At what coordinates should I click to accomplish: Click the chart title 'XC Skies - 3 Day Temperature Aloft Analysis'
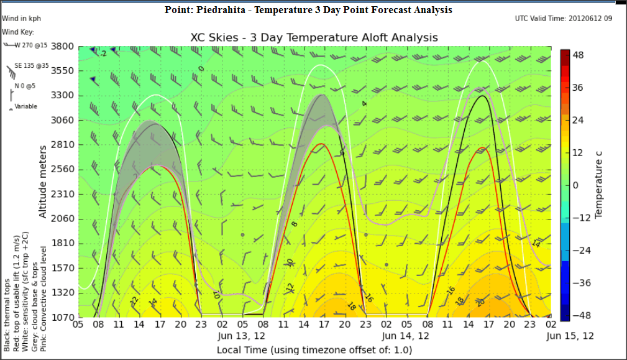(314, 37)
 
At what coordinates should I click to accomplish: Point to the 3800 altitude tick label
(62, 46)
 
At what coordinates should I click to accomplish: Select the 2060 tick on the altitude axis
(62, 218)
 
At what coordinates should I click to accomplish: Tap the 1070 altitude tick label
(62, 316)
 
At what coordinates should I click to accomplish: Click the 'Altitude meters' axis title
(43, 181)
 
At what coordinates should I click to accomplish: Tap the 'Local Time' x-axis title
(314, 350)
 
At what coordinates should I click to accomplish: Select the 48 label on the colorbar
(578, 55)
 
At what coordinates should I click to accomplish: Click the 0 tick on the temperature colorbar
(575, 185)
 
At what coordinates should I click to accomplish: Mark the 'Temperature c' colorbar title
(599, 185)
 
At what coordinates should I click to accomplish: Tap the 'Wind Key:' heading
(18, 32)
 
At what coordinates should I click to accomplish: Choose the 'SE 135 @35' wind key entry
(32, 65)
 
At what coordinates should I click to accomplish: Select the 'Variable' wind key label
(26, 106)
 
